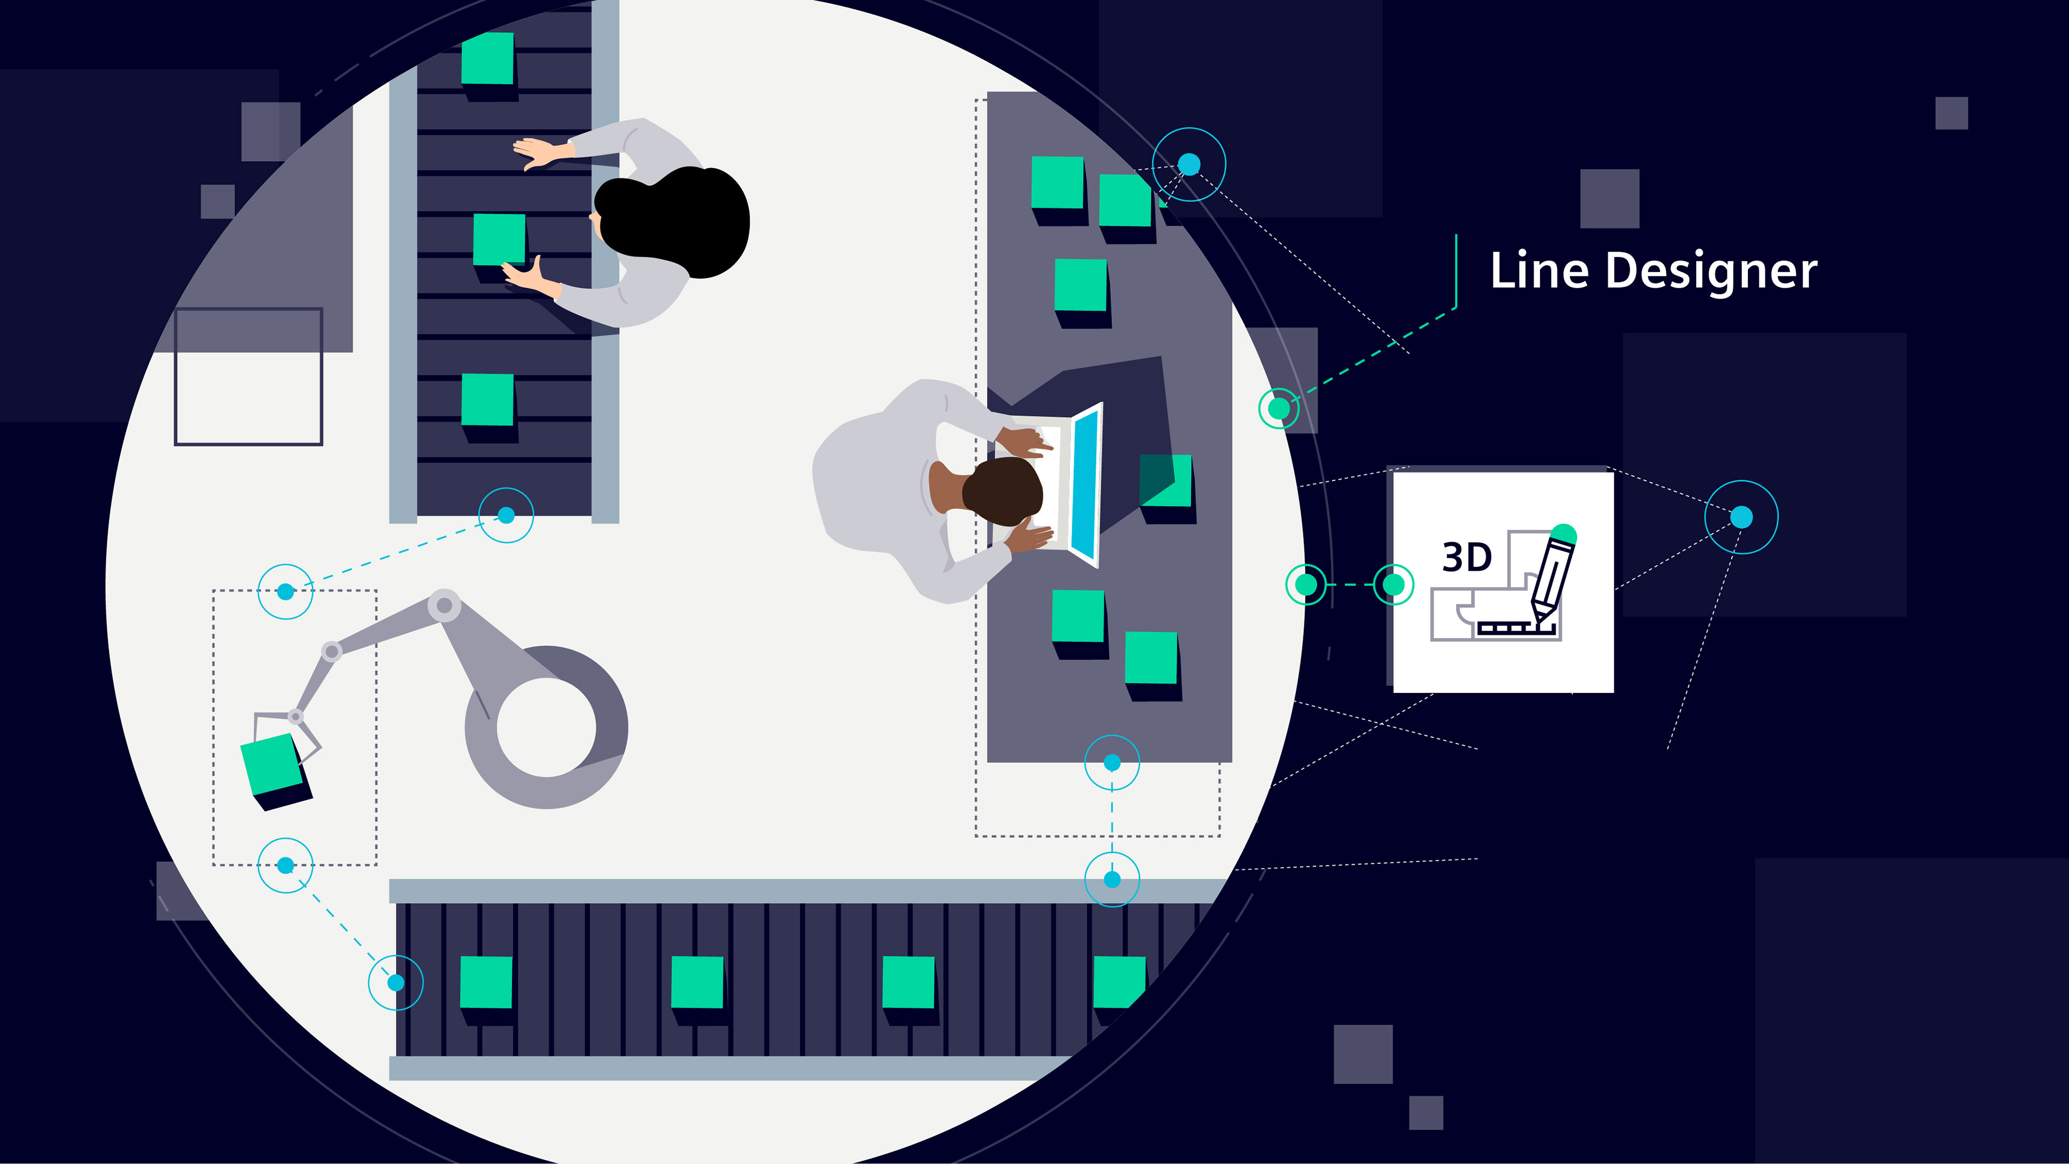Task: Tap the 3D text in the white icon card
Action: pos(1467,557)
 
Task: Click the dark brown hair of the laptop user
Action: pos(1002,488)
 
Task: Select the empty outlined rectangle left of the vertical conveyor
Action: pos(248,376)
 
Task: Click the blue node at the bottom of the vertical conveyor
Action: pos(506,515)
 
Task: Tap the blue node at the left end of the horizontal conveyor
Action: pos(396,982)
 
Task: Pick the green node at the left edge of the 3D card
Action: pos(1393,584)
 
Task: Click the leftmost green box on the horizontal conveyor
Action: pos(486,982)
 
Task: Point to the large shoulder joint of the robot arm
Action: pos(443,605)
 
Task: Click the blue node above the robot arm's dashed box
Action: pos(285,591)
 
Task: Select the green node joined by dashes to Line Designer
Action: pos(1279,408)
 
